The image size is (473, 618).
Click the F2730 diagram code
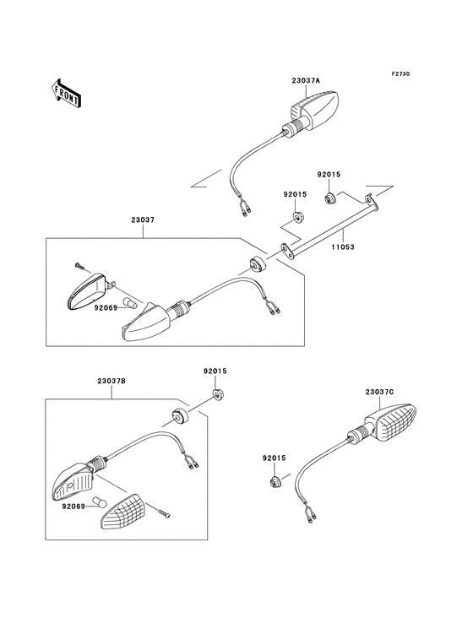[x=400, y=74]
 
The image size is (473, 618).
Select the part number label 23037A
[x=306, y=82]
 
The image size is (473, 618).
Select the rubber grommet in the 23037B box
[x=179, y=415]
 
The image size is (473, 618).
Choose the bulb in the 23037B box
[x=99, y=497]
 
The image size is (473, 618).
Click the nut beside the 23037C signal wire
[x=275, y=483]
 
